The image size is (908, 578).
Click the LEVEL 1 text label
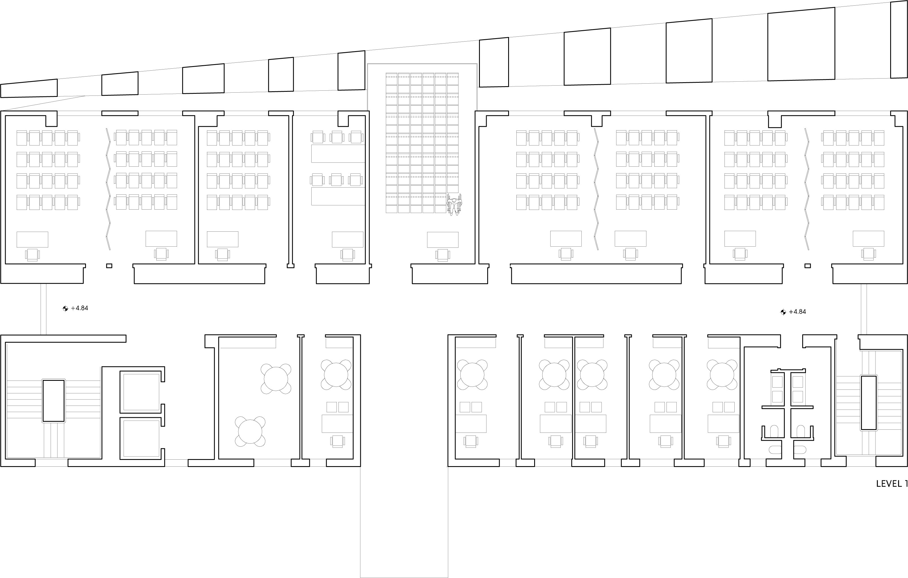click(891, 484)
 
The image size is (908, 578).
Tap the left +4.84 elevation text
click(79, 308)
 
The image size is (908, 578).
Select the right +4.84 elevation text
click(797, 312)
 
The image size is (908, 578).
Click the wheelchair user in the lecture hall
click(454, 205)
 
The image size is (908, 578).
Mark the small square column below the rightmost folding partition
click(808, 266)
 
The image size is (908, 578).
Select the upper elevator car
click(141, 392)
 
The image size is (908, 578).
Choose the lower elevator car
click(141, 438)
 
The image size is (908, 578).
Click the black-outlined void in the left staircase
click(53, 401)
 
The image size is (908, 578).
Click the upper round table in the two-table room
click(276, 379)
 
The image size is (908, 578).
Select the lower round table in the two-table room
click(250, 431)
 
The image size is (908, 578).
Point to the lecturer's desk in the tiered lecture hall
click(443, 240)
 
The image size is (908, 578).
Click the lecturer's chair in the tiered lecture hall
click(443, 255)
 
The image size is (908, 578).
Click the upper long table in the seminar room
click(338, 154)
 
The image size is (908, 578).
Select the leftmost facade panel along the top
click(29, 88)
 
